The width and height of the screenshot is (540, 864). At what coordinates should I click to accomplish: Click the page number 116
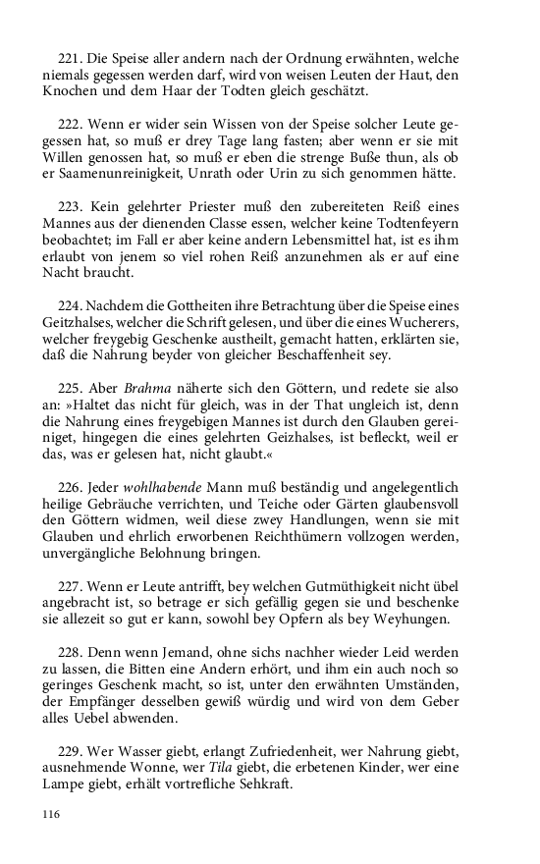click(51, 814)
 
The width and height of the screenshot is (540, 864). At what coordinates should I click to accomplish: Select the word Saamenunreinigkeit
click(118, 175)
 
